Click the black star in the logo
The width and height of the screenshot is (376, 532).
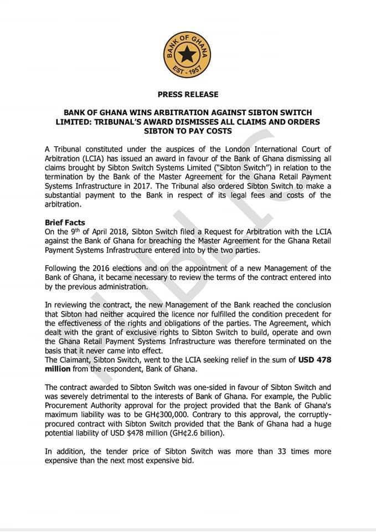click(x=188, y=53)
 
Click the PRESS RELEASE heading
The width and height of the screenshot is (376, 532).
click(x=188, y=95)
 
